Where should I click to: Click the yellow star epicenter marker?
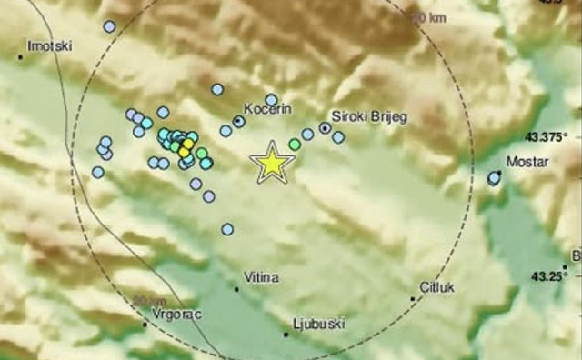(x=272, y=162)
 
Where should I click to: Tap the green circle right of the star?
(x=295, y=144)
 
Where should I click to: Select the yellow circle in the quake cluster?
(x=186, y=145)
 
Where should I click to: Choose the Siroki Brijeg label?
(x=367, y=117)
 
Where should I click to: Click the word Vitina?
(x=260, y=275)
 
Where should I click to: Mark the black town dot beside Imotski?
(x=20, y=57)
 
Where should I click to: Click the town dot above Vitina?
(x=237, y=289)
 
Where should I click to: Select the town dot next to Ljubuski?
(x=286, y=335)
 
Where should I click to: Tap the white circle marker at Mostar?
(x=494, y=179)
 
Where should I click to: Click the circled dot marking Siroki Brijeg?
(x=324, y=128)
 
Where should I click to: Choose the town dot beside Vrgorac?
(x=146, y=323)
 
